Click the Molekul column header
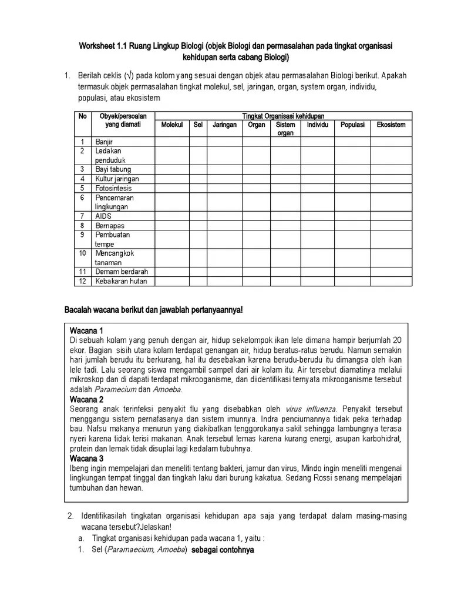(172, 125)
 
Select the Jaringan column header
(224, 125)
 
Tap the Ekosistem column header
(391, 125)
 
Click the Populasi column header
(352, 125)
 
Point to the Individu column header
(317, 125)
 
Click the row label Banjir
(104, 142)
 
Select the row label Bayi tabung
(113, 169)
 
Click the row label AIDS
(103, 216)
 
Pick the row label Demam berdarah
(122, 272)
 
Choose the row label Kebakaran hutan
(122, 281)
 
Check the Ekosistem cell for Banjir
(391, 142)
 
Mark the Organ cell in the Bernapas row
(256, 225)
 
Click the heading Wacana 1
(86, 330)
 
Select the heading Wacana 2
(86, 399)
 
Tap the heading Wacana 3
(86, 458)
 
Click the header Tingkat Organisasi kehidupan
(283, 116)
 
